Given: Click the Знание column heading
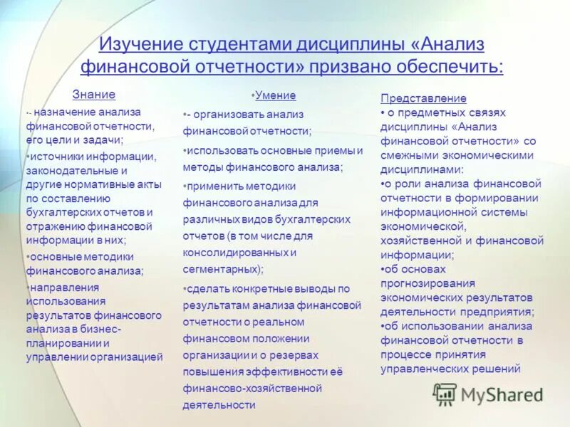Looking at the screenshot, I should pyautogui.click(x=94, y=94).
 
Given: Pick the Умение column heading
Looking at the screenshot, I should pyautogui.click(x=274, y=95).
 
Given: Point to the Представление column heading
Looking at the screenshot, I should pyautogui.click(x=423, y=98).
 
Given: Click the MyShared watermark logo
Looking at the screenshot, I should pyautogui.click(x=488, y=394).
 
